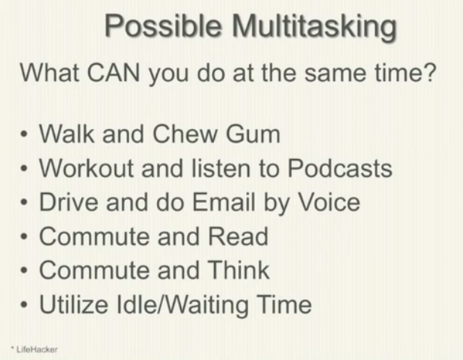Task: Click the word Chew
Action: coord(186,134)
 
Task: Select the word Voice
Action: coord(329,202)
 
